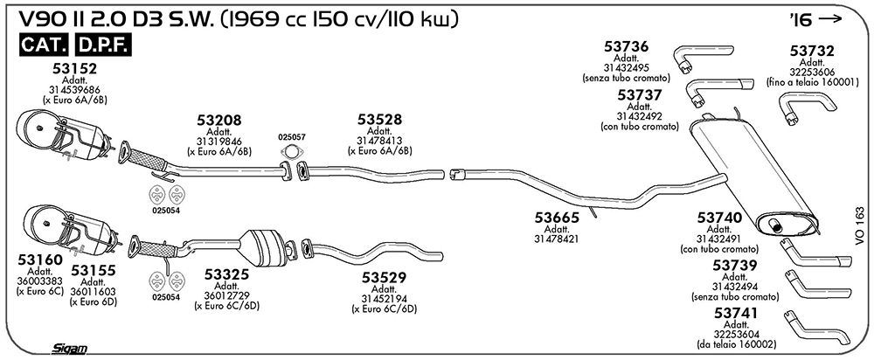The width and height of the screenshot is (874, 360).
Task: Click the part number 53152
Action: click(x=75, y=68)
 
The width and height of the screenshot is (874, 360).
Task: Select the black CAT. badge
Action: click(x=45, y=45)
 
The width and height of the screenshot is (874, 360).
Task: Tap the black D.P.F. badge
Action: click(x=103, y=45)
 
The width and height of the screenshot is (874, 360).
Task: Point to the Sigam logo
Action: click(x=70, y=349)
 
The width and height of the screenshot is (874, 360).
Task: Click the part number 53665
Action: click(x=557, y=218)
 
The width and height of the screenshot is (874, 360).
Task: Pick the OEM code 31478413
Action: click(x=379, y=141)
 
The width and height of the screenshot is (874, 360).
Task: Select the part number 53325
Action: click(x=227, y=274)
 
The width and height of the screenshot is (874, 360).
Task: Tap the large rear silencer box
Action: click(x=753, y=175)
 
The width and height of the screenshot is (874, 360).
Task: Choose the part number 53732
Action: click(x=812, y=52)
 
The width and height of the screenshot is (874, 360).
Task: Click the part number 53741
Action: click(x=736, y=314)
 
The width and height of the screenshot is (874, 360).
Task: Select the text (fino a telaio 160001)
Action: click(x=812, y=81)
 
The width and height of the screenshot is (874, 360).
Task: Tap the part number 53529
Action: click(x=385, y=277)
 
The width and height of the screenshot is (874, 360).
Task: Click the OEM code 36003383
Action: click(x=40, y=280)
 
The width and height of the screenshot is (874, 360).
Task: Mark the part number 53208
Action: click(x=219, y=120)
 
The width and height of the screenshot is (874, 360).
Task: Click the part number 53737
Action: click(x=640, y=94)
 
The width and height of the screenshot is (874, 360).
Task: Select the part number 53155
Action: click(x=94, y=271)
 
